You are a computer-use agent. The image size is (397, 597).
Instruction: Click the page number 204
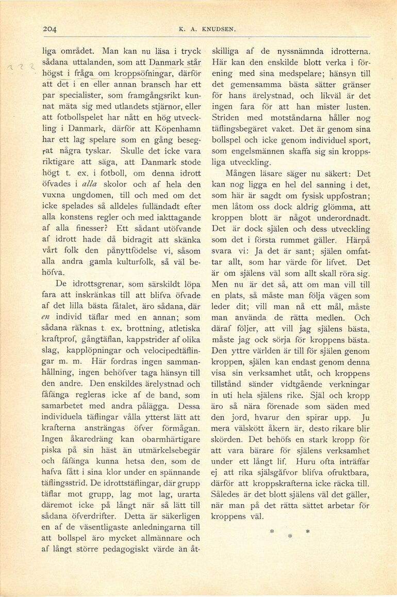(49, 29)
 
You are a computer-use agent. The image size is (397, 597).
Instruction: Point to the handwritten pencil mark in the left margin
(21, 67)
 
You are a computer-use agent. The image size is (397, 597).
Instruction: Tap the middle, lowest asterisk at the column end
(290, 536)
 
